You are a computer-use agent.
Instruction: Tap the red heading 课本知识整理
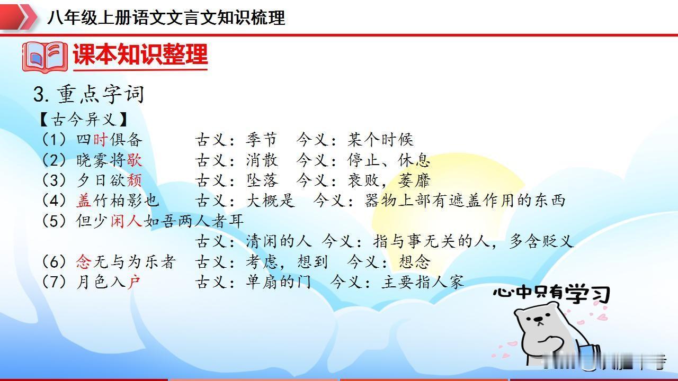(x=140, y=55)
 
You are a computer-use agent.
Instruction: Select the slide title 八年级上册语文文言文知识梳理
(x=166, y=17)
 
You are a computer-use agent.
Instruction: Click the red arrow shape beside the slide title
(x=18, y=17)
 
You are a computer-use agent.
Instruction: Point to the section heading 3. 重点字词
(x=88, y=94)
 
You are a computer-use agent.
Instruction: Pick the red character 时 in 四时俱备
(x=100, y=140)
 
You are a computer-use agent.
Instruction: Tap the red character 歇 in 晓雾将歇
(x=134, y=160)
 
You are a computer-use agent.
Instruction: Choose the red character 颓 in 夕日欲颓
(x=134, y=180)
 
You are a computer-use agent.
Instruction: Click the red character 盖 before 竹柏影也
(x=84, y=201)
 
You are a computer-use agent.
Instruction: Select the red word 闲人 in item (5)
(x=126, y=221)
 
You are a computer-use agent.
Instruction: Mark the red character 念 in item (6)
(x=84, y=261)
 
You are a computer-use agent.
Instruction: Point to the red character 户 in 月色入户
(x=134, y=282)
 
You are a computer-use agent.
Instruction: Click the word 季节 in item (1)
(x=262, y=140)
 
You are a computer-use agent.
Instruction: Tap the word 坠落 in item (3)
(x=262, y=180)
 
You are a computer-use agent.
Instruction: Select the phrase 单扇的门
(x=279, y=282)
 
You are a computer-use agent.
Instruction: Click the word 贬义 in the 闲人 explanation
(x=557, y=242)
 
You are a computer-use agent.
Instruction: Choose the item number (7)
(x=54, y=282)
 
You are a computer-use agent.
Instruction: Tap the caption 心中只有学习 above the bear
(x=551, y=293)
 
